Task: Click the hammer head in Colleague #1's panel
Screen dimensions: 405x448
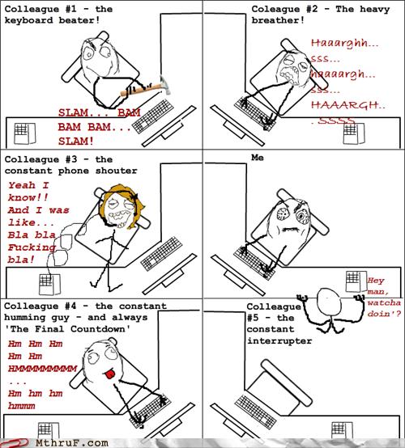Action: pyautogui.click(x=166, y=85)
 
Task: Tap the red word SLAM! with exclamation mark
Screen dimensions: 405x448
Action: pyautogui.click(x=76, y=141)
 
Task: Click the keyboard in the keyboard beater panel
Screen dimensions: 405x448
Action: pyautogui.click(x=153, y=116)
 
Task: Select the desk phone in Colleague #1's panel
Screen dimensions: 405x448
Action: pyautogui.click(x=25, y=133)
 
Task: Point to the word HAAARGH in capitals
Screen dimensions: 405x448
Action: pyautogui.click(x=344, y=105)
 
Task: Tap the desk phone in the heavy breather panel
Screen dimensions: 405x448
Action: pyautogui.click(x=354, y=133)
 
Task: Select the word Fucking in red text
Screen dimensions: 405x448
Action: pyautogui.click(x=32, y=247)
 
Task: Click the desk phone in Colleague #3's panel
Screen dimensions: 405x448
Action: pyautogui.click(x=49, y=284)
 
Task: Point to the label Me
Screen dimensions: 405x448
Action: pyautogui.click(x=258, y=158)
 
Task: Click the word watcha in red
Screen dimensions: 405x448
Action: pyautogui.click(x=384, y=302)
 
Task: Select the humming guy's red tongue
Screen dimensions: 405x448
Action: pyautogui.click(x=110, y=374)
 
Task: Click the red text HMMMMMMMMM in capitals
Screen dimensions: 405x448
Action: pyautogui.click(x=42, y=369)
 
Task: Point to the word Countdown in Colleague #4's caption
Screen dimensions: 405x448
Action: pyautogui.click(x=98, y=329)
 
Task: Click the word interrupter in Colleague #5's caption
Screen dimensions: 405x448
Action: pyautogui.click(x=279, y=341)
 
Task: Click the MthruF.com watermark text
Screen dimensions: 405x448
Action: pyautogui.click(x=72, y=443)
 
